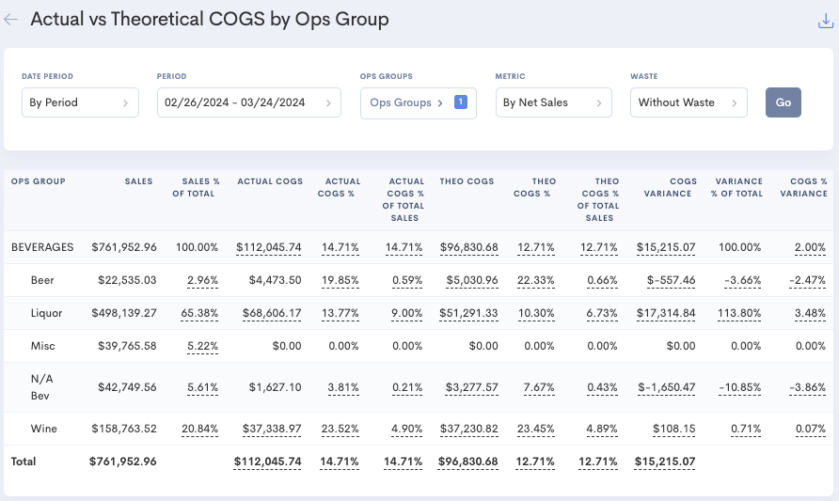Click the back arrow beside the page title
tap(11, 19)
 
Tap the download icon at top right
tap(826, 22)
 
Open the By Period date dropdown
tap(80, 102)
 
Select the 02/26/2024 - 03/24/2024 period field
tap(248, 102)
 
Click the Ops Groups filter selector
tap(418, 102)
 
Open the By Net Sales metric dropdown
tap(553, 102)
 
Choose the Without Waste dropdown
tap(688, 102)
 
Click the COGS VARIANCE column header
tap(670, 187)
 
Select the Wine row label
tap(43, 429)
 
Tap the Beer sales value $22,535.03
tap(127, 280)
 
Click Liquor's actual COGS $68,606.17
tap(269, 313)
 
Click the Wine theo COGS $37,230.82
tap(468, 429)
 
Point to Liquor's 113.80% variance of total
tap(739, 313)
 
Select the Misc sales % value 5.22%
tap(202, 346)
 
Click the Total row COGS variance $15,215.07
tap(664, 462)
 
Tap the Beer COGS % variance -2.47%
tap(808, 280)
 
